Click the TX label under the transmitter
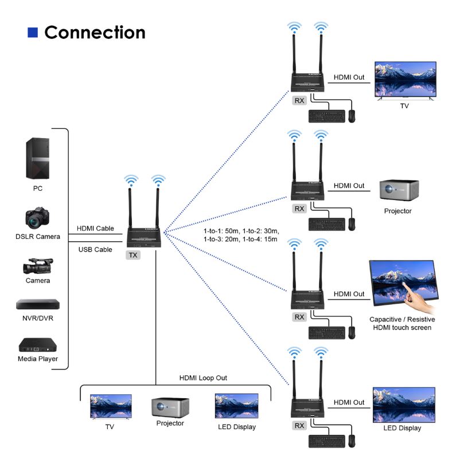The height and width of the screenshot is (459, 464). [x=133, y=255]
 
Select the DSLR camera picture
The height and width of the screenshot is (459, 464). [x=37, y=218]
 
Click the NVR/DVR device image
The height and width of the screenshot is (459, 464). [x=37, y=304]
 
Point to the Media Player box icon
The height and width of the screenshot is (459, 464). [x=37, y=344]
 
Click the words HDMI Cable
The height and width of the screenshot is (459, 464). [x=96, y=228]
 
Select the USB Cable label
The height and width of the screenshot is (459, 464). [x=95, y=249]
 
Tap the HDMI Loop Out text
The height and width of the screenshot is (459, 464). [x=203, y=378]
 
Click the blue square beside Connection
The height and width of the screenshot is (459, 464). [x=33, y=32]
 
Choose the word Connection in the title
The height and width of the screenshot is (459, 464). [x=95, y=32]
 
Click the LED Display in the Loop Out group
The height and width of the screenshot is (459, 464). [x=236, y=406]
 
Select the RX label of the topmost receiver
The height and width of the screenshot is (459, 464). [x=299, y=100]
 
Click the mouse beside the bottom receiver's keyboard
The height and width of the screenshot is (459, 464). [x=352, y=440]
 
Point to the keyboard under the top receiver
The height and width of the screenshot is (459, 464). [x=327, y=116]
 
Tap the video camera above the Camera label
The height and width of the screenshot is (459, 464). [x=37, y=266]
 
